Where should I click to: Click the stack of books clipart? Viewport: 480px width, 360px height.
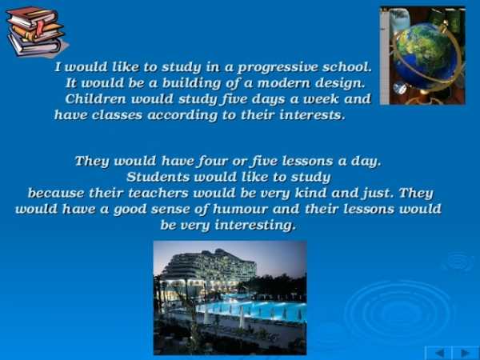point(36,31)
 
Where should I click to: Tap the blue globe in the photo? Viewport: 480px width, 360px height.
point(425,56)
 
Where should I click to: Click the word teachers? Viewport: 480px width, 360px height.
point(158,193)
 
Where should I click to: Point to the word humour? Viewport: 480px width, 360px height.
point(240,209)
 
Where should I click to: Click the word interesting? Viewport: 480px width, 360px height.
point(255,226)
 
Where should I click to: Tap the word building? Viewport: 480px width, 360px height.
point(191,83)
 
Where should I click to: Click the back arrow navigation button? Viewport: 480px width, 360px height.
point(438,353)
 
